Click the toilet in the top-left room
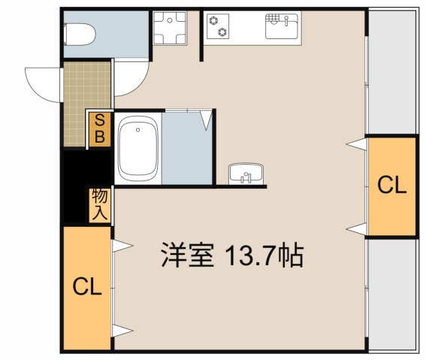79,34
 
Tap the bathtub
138,150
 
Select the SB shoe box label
98,129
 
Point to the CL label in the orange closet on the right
391,186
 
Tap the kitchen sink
282,27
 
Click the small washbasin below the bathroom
245,174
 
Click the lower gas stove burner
222,31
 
